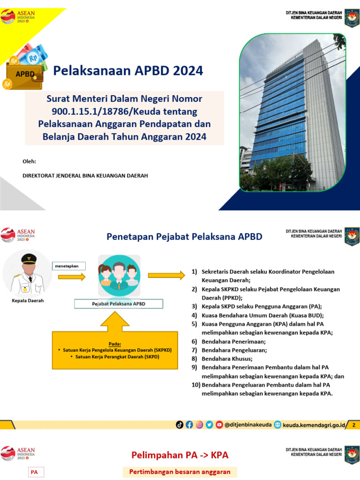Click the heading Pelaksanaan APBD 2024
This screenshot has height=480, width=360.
click(x=128, y=71)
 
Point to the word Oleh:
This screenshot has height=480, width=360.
click(x=29, y=162)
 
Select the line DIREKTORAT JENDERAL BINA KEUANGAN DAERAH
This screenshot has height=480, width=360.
click(x=85, y=175)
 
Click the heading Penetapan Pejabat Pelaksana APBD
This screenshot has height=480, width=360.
click(x=184, y=237)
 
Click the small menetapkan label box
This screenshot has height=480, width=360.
click(x=70, y=266)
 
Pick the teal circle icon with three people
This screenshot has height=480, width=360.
click(x=119, y=276)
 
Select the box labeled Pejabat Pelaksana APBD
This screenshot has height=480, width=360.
click(x=119, y=304)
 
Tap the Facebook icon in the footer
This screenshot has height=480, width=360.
click(x=189, y=425)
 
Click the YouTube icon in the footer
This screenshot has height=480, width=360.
click(x=219, y=425)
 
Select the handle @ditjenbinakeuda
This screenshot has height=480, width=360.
click(x=248, y=425)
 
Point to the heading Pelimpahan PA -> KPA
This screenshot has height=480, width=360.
click(x=180, y=455)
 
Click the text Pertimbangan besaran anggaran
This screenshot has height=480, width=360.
click(x=180, y=472)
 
